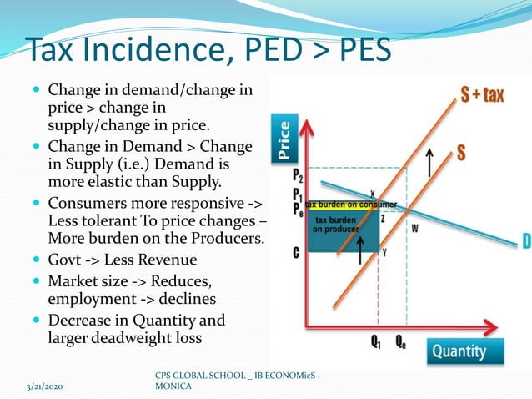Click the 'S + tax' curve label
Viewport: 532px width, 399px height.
click(x=483, y=94)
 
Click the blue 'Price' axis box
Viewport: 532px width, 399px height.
click(x=284, y=139)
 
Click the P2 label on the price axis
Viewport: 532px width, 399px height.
click(x=298, y=177)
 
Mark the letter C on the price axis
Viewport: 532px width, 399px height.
click(x=296, y=251)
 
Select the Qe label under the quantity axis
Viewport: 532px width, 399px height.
click(x=401, y=341)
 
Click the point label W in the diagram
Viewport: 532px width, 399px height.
click(x=414, y=226)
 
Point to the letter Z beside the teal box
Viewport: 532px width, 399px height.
click(x=383, y=218)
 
